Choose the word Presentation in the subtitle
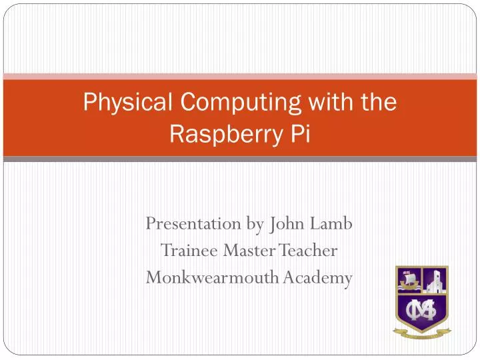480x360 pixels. click(x=193, y=223)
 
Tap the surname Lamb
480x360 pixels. click(x=333, y=223)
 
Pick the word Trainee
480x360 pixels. click(x=190, y=251)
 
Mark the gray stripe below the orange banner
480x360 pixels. click(x=240, y=159)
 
